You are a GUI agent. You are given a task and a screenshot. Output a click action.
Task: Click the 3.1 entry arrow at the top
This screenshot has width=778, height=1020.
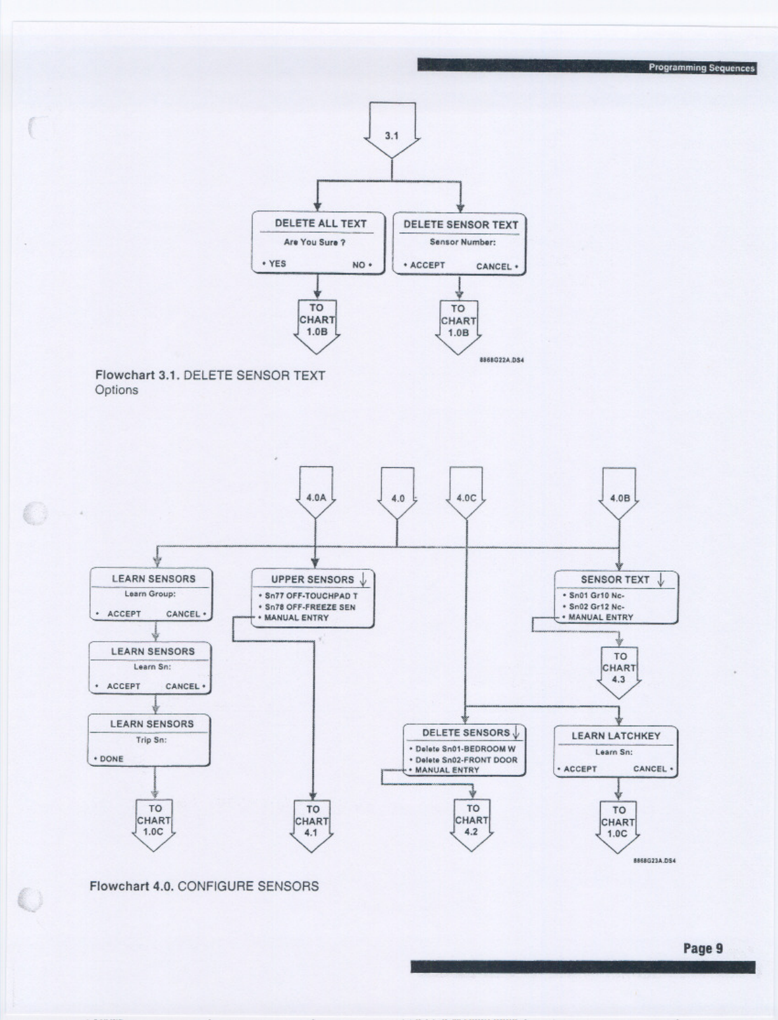pyautogui.click(x=392, y=132)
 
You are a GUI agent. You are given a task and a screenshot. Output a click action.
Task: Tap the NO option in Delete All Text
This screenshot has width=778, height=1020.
pyautogui.click(x=359, y=265)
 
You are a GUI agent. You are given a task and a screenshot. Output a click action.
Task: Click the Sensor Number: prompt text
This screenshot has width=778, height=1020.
pyautogui.click(x=462, y=242)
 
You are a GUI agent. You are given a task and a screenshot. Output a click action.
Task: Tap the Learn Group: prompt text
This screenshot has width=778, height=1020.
pyautogui.click(x=150, y=594)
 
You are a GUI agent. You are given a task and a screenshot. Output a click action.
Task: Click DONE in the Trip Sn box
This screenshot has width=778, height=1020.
pyautogui.click(x=111, y=759)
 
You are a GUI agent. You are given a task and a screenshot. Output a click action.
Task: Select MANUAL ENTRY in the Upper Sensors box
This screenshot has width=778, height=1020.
pyautogui.click(x=296, y=617)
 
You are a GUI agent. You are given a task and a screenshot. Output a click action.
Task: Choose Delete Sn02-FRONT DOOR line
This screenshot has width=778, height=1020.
pyautogui.click(x=466, y=759)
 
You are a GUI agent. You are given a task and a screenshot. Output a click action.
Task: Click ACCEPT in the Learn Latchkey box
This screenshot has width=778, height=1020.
pyautogui.click(x=580, y=769)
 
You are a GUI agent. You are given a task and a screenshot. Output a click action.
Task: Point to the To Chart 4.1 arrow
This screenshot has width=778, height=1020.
pyautogui.click(x=311, y=823)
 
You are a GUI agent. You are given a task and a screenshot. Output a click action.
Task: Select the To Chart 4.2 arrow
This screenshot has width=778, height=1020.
pyautogui.click(x=472, y=822)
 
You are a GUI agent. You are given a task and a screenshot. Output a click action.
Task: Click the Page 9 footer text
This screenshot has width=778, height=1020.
pyautogui.click(x=702, y=949)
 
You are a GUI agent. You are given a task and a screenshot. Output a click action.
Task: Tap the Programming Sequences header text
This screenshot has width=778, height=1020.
pyautogui.click(x=701, y=68)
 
